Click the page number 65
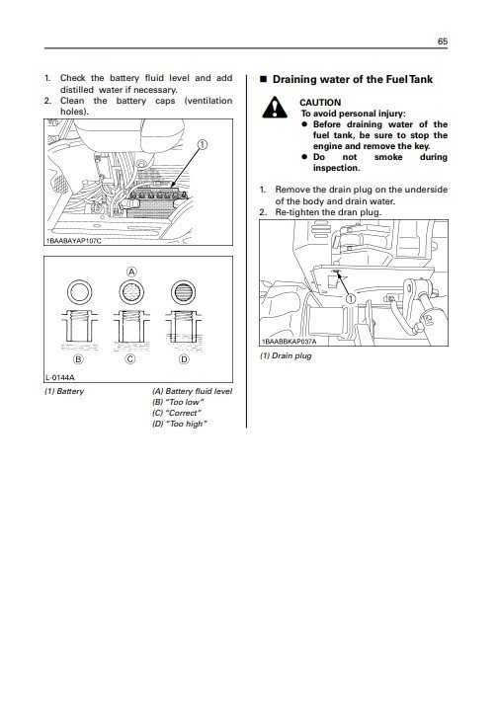click(443, 42)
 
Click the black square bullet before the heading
click(262, 77)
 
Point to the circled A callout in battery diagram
click(130, 271)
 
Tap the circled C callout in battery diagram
click(130, 358)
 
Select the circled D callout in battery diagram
click(184, 358)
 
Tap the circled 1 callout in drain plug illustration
click(350, 298)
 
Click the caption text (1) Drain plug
click(289, 354)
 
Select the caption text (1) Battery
click(64, 392)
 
